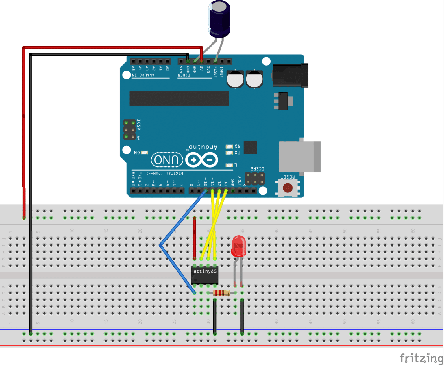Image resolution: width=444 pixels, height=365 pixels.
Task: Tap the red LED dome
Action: point(238,246)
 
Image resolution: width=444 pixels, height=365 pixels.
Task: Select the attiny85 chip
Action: point(205,275)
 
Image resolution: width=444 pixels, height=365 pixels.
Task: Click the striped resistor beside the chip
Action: point(221,293)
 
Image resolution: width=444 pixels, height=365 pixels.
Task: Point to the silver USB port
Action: point(299,157)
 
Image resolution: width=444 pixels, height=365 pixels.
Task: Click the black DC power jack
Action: point(290,75)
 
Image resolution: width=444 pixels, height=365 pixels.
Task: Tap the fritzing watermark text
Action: point(421,358)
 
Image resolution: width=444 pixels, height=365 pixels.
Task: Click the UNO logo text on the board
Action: point(167,160)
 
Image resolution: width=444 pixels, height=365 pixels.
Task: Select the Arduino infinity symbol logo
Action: point(201,160)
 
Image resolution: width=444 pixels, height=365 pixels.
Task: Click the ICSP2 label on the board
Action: point(257,169)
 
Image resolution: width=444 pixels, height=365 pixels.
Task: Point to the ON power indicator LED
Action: point(145,152)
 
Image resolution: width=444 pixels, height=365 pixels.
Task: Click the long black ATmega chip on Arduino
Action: point(179,99)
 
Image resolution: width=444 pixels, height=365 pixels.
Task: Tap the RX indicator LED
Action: point(229,147)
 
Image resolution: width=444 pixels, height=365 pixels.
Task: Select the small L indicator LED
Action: point(229,165)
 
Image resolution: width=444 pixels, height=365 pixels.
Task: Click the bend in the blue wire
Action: point(160,245)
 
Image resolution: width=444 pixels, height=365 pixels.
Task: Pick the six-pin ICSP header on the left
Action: point(129,129)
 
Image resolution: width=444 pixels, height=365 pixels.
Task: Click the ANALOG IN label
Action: point(143,75)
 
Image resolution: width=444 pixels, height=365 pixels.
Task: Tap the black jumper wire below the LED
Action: point(242,316)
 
